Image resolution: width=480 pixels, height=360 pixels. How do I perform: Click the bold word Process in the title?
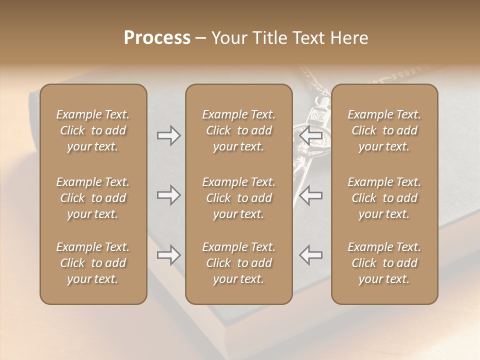click(x=157, y=38)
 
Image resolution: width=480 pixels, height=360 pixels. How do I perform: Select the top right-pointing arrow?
click(x=169, y=135)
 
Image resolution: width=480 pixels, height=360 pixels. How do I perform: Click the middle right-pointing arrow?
click(x=169, y=195)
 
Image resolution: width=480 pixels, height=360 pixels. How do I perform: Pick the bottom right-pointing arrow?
click(x=169, y=255)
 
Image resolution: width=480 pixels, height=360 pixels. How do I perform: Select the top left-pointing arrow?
click(x=310, y=135)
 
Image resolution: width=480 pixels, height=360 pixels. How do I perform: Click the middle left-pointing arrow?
click(x=310, y=195)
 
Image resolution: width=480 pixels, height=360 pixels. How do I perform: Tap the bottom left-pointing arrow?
click(x=310, y=255)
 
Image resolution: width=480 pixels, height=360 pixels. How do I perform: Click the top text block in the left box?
click(x=93, y=130)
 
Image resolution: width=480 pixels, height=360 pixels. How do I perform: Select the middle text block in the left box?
click(x=93, y=198)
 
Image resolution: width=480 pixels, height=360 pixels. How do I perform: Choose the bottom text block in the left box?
click(x=93, y=263)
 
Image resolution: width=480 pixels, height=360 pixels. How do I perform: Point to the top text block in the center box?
click(x=239, y=130)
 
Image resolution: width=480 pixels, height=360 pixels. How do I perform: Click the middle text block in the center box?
click(x=239, y=198)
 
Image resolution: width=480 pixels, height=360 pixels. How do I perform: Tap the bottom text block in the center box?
click(x=239, y=263)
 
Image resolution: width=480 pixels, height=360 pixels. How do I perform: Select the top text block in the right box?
click(x=384, y=130)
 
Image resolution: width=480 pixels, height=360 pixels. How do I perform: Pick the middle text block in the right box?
click(x=384, y=198)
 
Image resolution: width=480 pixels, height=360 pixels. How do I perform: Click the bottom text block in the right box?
click(x=384, y=263)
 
